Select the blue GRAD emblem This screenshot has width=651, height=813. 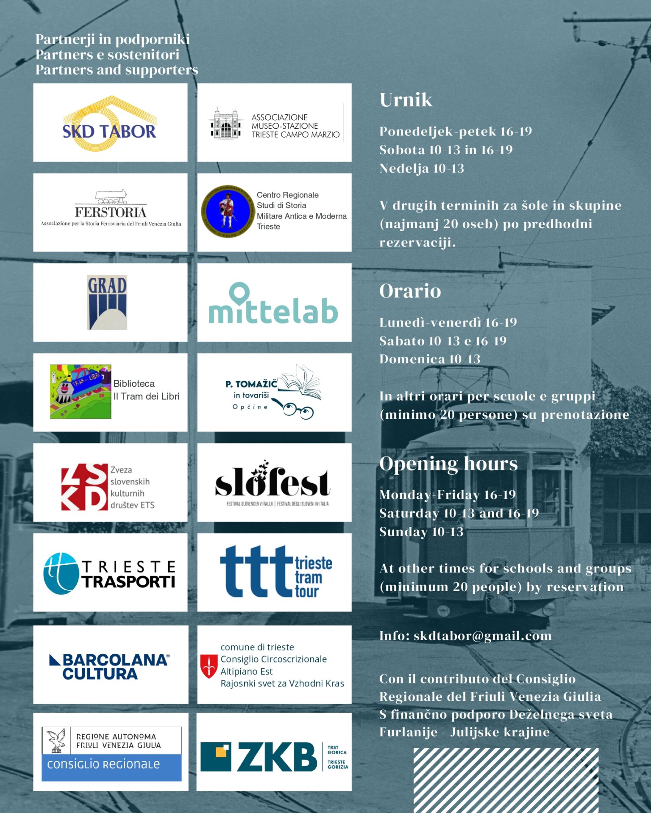tap(107, 302)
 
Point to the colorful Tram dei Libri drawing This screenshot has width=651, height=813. tap(81, 392)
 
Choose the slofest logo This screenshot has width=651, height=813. tap(273, 483)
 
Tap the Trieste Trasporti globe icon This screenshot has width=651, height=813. tap(61, 573)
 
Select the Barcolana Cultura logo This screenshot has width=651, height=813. tap(110, 666)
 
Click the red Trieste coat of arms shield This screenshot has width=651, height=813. tap(209, 666)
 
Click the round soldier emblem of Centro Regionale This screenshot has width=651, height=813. tap(225, 211)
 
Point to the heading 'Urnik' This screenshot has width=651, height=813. tap(406, 100)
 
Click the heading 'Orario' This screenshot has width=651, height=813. tap(410, 291)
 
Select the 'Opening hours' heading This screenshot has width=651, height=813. tap(448, 464)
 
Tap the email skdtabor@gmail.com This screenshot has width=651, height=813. tap(482, 636)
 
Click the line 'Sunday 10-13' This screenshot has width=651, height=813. tap(421, 532)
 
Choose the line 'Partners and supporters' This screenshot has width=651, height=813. tap(117, 70)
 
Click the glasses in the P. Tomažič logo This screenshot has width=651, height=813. tap(298, 410)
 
